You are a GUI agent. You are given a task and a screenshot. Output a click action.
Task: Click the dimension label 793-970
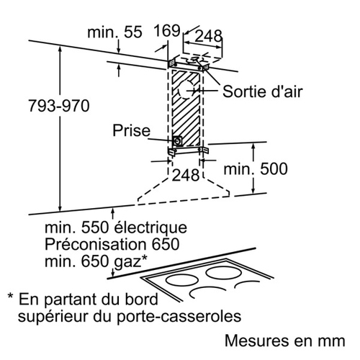pos(59,106)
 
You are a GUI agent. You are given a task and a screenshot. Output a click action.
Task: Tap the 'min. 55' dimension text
pos(114,32)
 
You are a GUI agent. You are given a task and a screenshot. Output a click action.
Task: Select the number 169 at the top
pos(167,31)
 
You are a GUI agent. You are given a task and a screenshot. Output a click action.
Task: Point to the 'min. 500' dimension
pos(256,168)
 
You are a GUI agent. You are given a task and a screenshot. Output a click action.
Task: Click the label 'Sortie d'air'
pos(263,91)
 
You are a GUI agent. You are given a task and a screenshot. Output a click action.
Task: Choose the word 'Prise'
pos(132,130)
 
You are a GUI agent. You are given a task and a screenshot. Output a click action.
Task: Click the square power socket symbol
pos(177,141)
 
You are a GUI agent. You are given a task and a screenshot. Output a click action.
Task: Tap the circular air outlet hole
pos(186,90)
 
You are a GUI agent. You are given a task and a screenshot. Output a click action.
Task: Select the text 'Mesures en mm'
pos(285,341)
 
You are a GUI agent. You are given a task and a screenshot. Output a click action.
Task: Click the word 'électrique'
pos(150,228)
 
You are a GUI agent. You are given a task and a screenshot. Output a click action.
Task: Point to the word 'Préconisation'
pos(95,244)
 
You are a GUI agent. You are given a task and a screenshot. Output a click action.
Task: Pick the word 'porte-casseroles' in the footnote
pos(179,317)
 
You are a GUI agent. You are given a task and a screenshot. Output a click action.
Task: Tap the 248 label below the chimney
pos(186,175)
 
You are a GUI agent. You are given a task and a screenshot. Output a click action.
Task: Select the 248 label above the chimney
pos(208,37)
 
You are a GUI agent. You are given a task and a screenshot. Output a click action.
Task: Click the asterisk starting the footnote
pos(10,296)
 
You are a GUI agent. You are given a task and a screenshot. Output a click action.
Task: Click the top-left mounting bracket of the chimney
pos(173,63)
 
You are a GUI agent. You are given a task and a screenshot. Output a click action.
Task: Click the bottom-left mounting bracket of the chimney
pos(172,152)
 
